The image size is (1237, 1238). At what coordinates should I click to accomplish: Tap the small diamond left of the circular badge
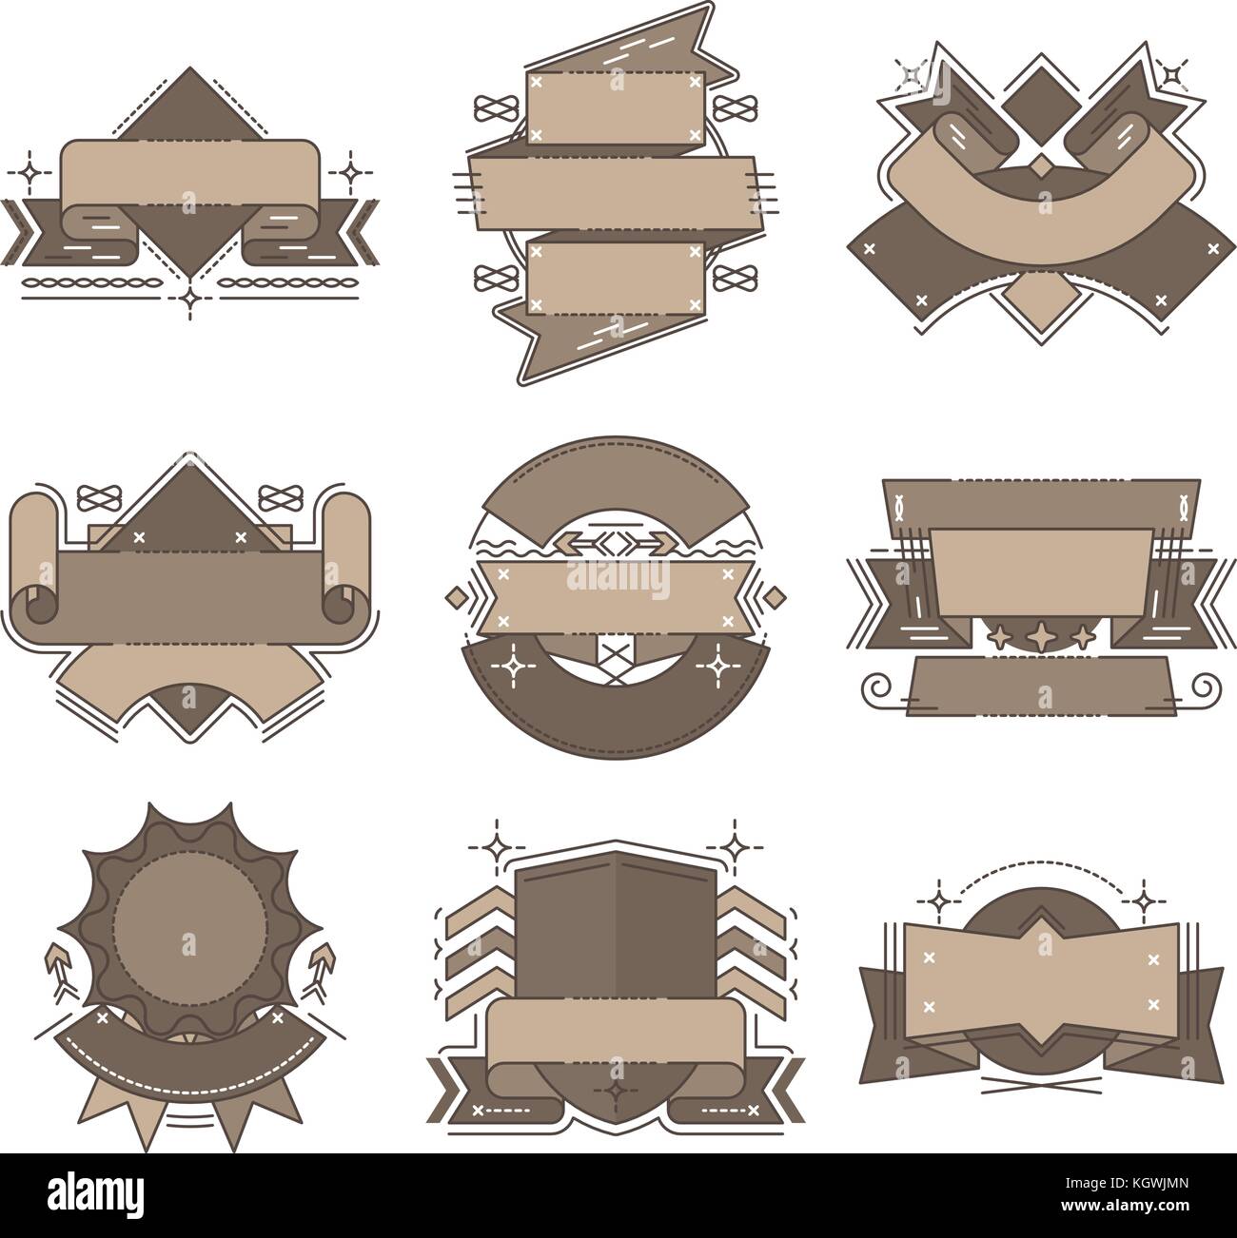[x=455, y=597]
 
